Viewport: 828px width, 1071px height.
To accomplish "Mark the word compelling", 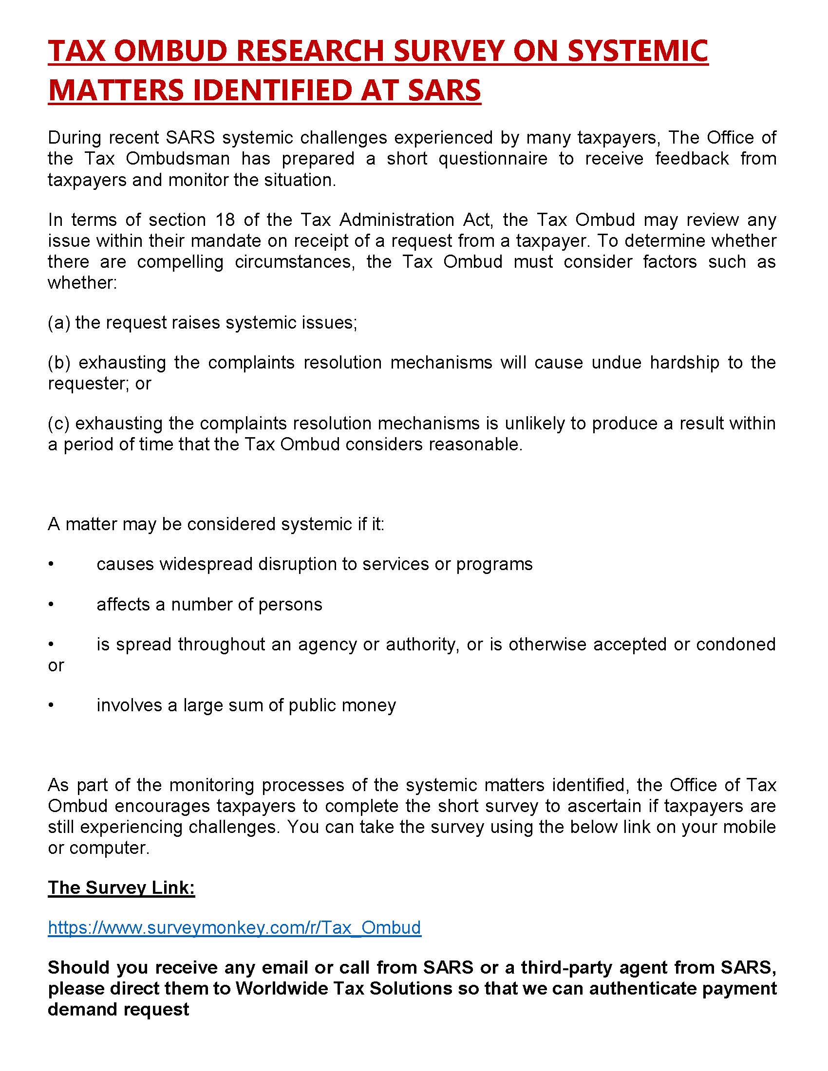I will point(180,261).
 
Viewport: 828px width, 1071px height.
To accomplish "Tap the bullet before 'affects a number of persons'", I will point(51,605).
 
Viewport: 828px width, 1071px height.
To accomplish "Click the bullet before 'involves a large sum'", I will point(51,705).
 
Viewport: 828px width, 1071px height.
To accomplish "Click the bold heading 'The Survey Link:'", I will point(121,887).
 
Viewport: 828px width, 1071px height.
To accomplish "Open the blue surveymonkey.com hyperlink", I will point(234,927).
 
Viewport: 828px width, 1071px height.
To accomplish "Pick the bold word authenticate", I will point(642,988).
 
